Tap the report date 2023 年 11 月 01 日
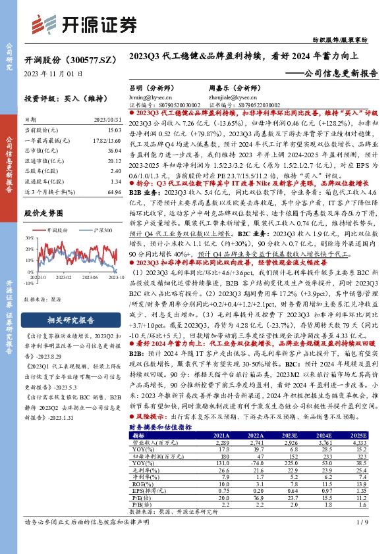click(53, 74)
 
